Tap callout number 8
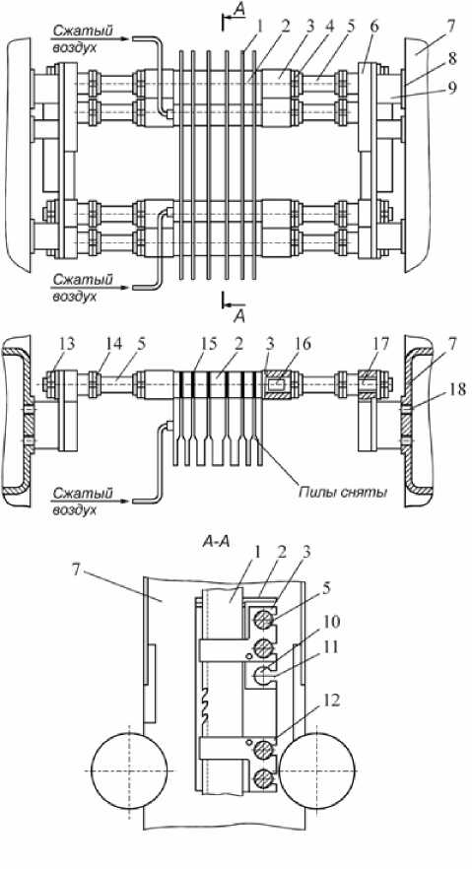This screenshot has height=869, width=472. (x=452, y=60)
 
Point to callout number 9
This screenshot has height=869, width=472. (x=453, y=88)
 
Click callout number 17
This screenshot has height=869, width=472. (x=368, y=344)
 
